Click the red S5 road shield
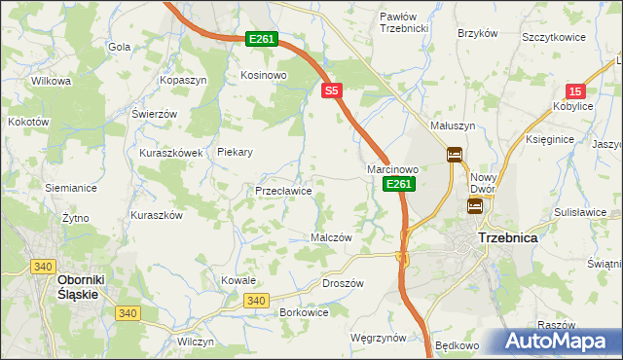332,90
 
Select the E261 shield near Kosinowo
262,39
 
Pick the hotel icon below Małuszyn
455,154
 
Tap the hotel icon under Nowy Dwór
475,205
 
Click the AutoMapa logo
556,342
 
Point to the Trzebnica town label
508,237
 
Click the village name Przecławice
283,191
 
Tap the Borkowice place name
303,312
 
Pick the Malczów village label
330,237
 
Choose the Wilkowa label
52,81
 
